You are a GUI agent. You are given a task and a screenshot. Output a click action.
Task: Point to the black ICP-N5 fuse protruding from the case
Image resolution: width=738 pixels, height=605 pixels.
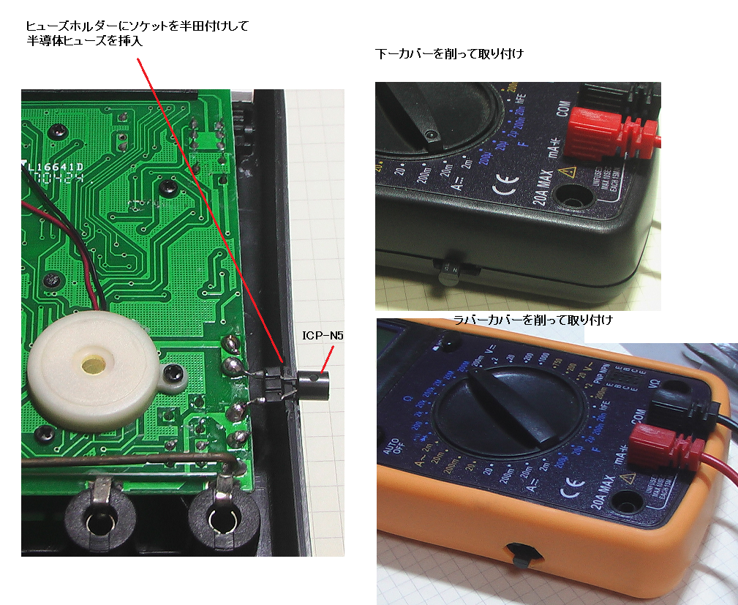tap(313, 385)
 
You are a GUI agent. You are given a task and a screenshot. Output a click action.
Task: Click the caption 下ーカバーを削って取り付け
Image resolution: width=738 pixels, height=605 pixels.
tap(449, 54)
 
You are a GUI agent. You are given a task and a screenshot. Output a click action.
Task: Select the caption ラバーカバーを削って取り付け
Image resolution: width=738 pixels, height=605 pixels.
tap(532, 320)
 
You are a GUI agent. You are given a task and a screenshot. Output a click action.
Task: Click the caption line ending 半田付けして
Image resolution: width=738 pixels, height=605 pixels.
tap(137, 26)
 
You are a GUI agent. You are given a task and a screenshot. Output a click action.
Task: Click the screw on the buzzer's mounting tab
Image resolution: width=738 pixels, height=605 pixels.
tap(174, 375)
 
